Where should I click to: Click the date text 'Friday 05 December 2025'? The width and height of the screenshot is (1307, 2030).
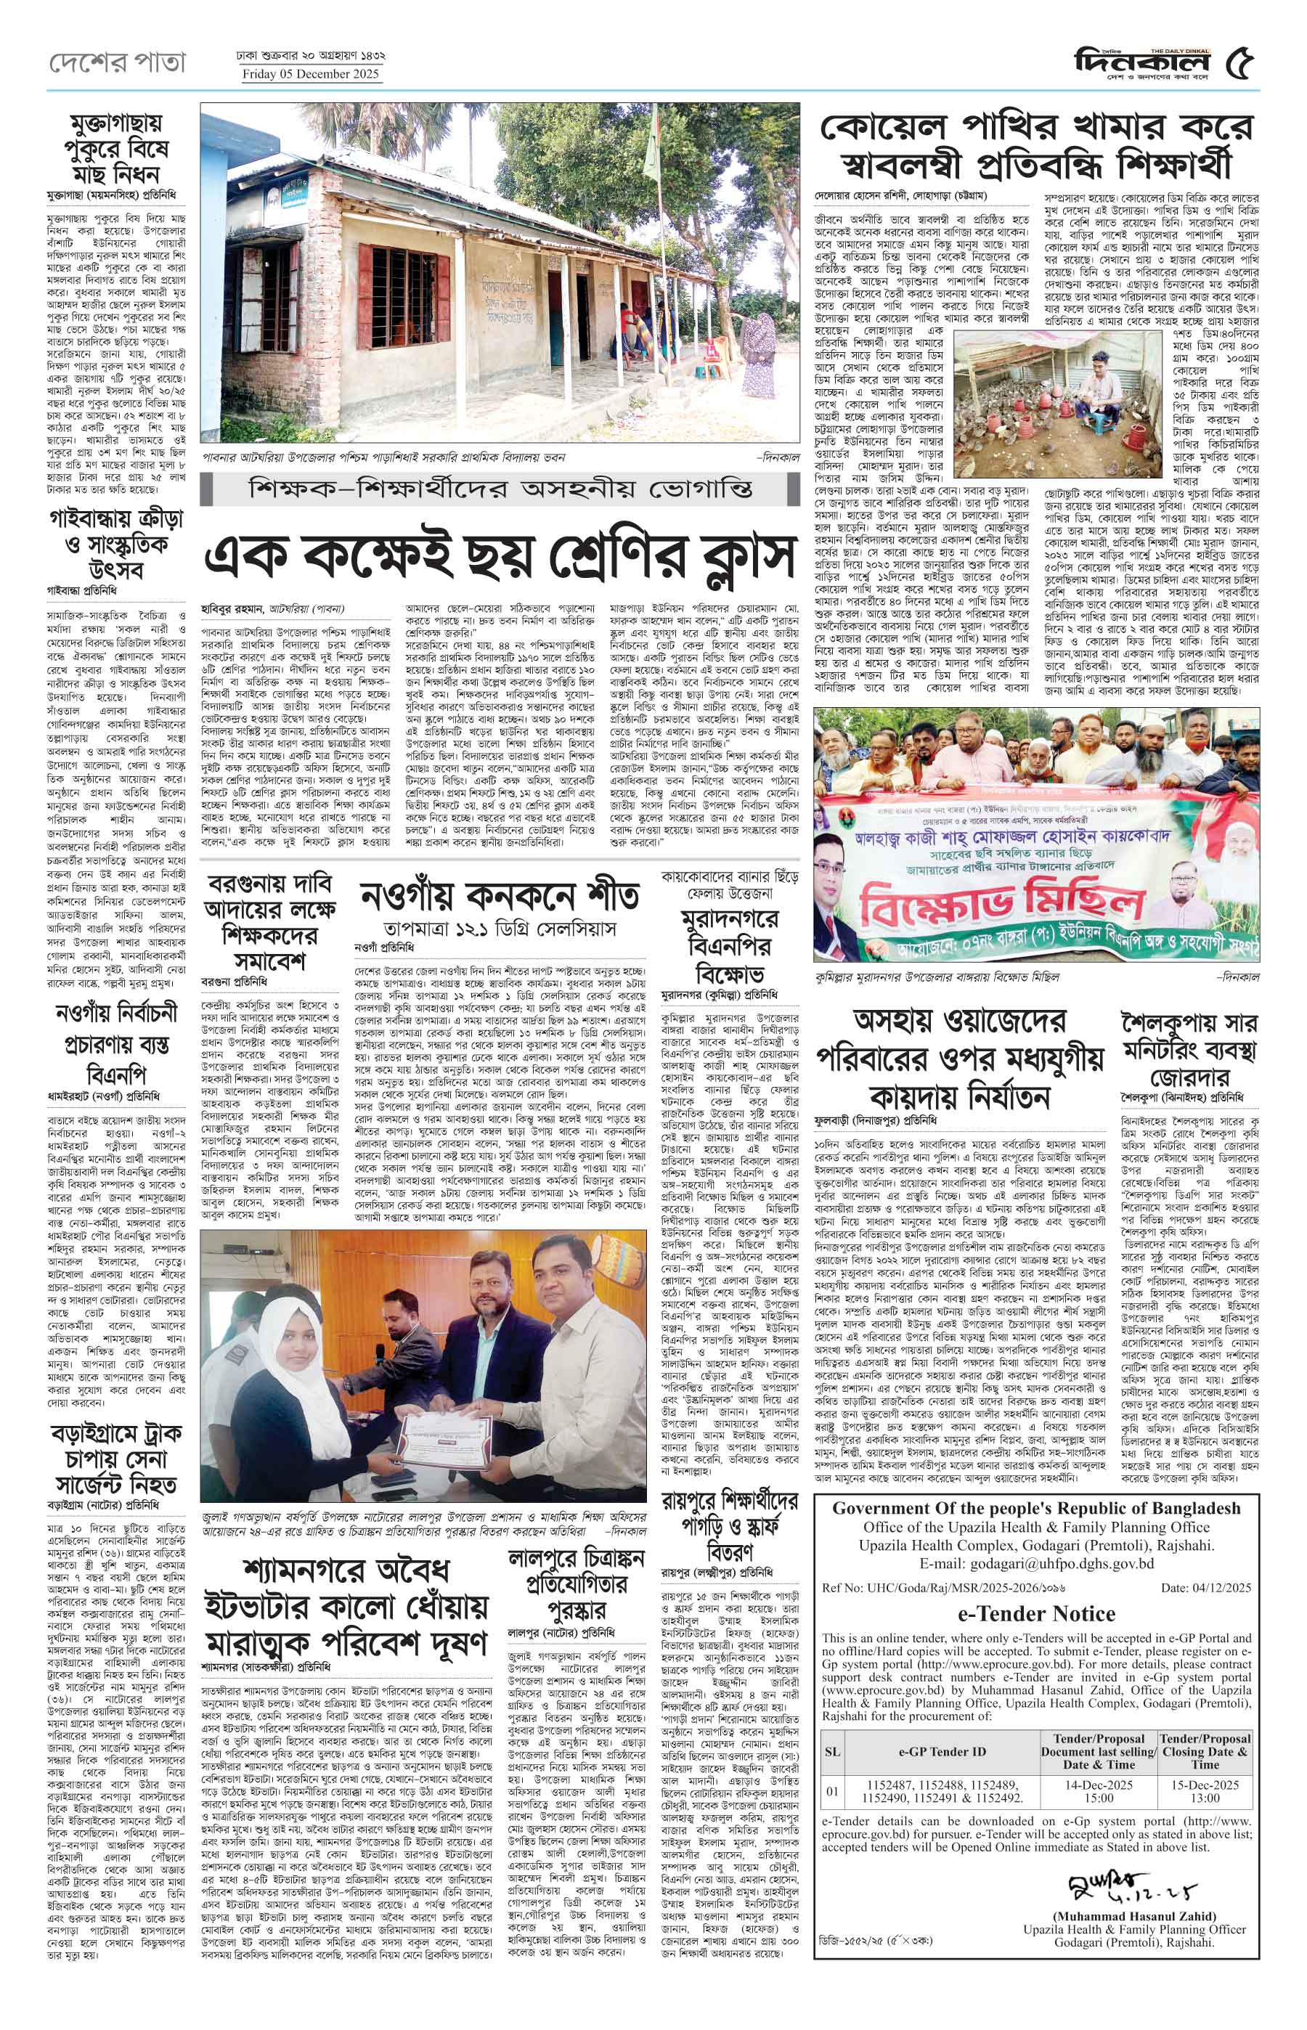(312, 75)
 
